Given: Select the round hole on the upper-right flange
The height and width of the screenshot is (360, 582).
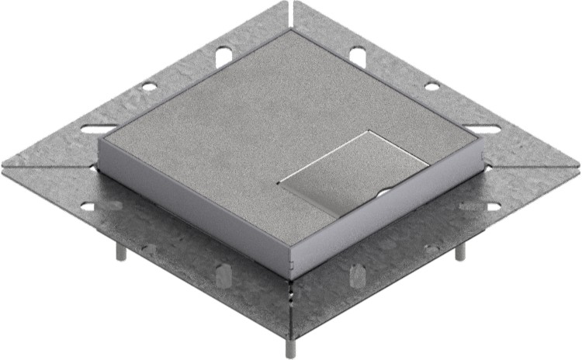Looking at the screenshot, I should tap(432, 85).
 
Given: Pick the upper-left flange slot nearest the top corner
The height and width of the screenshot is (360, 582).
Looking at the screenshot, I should tap(222, 55).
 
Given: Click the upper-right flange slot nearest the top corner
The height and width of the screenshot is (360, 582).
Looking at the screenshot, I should tap(358, 55).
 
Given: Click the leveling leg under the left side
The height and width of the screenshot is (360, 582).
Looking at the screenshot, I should tap(121, 251).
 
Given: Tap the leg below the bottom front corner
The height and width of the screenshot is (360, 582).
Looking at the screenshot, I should tap(289, 346).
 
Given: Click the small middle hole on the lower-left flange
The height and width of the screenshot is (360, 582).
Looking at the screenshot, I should tap(149, 248).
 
